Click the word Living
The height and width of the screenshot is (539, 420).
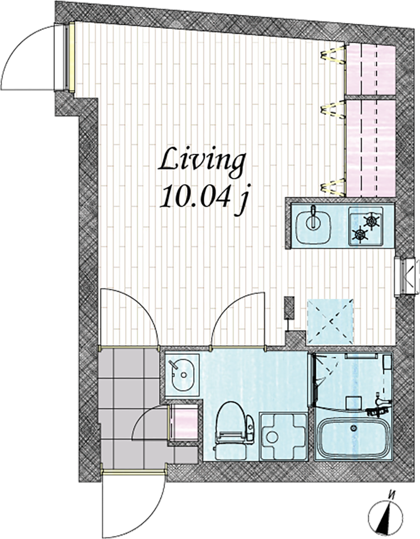pos(202,161)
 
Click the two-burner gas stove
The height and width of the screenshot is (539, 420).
pos(366,227)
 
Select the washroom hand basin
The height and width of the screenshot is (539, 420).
pos(183,375)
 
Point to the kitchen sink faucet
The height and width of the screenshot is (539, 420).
pos(313,217)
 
